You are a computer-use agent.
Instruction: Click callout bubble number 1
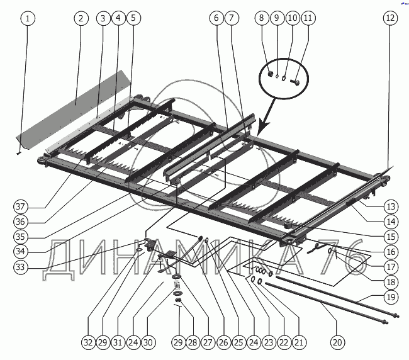click(x=27, y=18)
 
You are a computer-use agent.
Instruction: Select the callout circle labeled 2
click(x=80, y=18)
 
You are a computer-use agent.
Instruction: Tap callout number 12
click(x=390, y=18)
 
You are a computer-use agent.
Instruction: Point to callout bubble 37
click(x=21, y=207)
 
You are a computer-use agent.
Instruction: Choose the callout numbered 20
click(x=337, y=343)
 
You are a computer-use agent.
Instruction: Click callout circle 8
click(x=262, y=18)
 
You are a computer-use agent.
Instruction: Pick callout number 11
click(x=307, y=18)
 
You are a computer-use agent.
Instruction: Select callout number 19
click(x=390, y=296)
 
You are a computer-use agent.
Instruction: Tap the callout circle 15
click(x=390, y=237)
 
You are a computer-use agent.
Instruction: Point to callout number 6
click(x=216, y=18)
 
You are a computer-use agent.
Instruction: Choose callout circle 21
click(x=299, y=343)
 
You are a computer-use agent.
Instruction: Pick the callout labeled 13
click(x=390, y=206)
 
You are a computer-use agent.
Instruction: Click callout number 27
click(x=207, y=343)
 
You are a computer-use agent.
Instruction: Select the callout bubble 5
click(x=133, y=18)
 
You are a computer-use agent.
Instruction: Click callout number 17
click(x=390, y=267)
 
